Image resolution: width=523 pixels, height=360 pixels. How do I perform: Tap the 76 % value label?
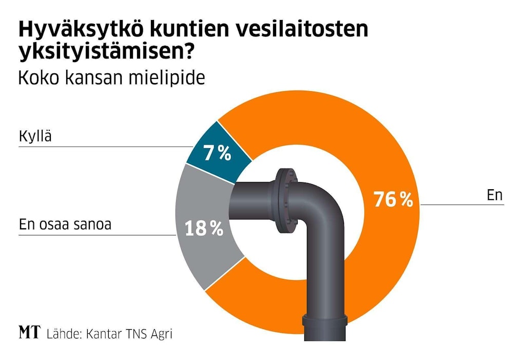[x=393, y=200]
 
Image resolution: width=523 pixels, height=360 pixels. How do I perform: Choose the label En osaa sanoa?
[x=65, y=224]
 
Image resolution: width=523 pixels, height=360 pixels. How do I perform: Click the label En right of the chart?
[x=494, y=195]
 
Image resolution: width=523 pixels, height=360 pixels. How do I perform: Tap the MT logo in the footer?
[x=29, y=333]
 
